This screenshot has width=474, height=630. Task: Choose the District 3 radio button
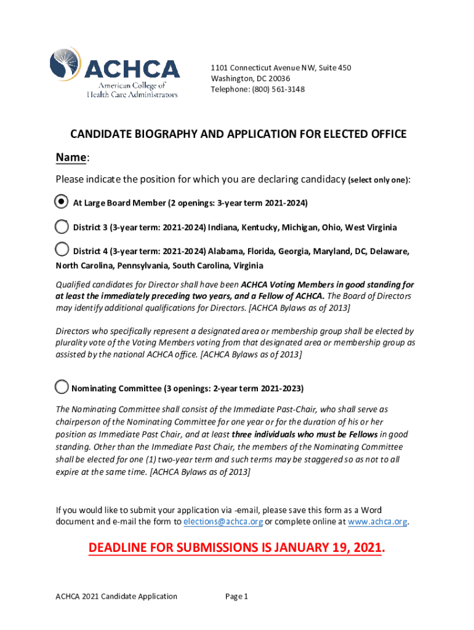[x=62, y=226]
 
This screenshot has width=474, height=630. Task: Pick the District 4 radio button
[x=62, y=249]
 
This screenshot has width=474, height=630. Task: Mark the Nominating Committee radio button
[x=62, y=387]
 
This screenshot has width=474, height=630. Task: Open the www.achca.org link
[x=377, y=522]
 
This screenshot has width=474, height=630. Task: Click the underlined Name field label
[x=71, y=158]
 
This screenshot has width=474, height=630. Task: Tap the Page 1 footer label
[x=236, y=596]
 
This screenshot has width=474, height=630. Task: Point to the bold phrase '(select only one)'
[x=378, y=180]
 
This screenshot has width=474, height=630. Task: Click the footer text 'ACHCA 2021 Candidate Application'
[x=116, y=596]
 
